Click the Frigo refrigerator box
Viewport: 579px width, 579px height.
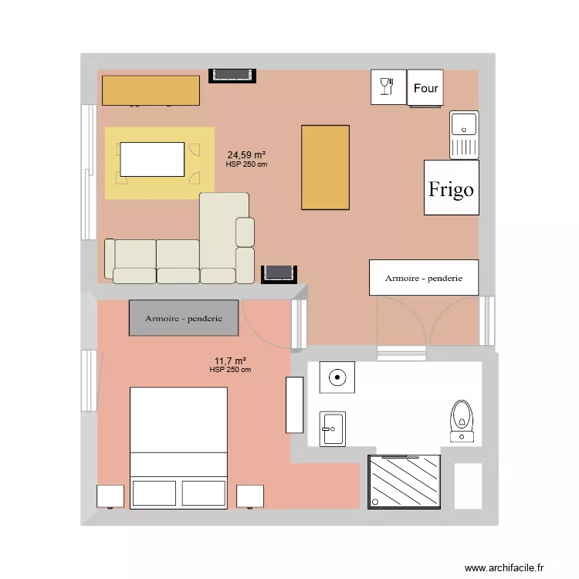(452, 188)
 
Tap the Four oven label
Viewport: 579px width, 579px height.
(425, 88)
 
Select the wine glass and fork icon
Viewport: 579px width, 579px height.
(387, 86)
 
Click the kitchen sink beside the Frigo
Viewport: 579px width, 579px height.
(464, 135)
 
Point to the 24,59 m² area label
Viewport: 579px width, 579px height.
(246, 154)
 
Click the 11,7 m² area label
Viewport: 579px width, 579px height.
(230, 361)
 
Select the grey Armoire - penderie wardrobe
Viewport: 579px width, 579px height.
(184, 318)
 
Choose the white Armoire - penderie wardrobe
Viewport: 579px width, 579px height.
(424, 278)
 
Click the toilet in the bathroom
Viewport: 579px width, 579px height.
(462, 421)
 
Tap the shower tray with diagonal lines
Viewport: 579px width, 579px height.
(404, 482)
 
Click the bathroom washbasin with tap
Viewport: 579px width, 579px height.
(332, 429)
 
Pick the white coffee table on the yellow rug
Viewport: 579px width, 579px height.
(152, 160)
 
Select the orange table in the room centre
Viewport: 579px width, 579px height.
(325, 168)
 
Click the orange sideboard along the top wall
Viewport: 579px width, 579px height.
(151, 90)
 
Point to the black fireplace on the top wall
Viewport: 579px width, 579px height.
(232, 76)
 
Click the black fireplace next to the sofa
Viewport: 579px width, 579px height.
(279, 274)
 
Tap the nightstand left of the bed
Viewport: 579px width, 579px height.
(110, 496)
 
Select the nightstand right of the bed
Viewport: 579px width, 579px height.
(250, 496)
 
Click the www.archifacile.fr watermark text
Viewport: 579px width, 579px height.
(503, 567)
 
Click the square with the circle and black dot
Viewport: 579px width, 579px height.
(337, 378)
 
